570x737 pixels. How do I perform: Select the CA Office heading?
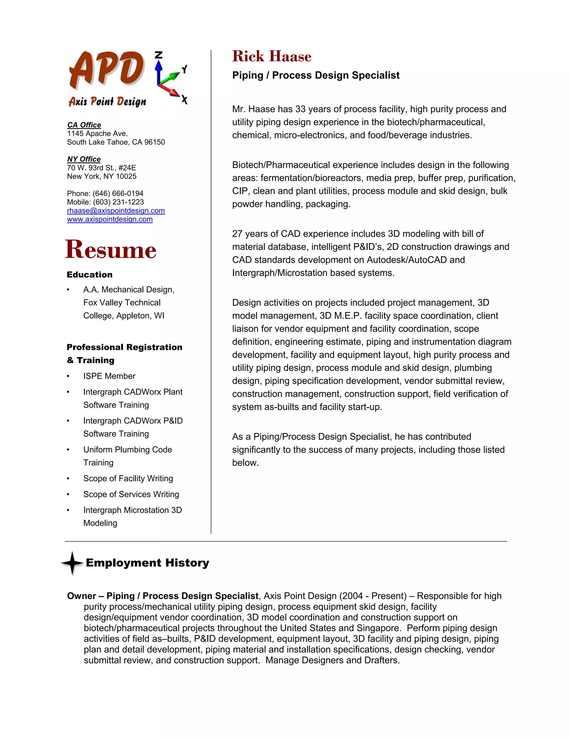click(84, 125)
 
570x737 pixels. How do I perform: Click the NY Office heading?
click(84, 159)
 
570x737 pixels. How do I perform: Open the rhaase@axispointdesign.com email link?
click(116, 211)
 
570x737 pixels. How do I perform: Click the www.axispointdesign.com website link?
click(110, 219)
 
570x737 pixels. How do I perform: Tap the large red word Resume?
click(111, 250)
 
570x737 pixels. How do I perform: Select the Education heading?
click(90, 275)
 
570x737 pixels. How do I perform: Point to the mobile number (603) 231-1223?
click(118, 202)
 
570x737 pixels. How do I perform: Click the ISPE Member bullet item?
click(109, 376)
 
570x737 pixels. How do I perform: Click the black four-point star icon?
click(72, 563)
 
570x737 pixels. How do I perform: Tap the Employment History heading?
click(147, 563)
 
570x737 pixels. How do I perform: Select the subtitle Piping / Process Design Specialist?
click(315, 75)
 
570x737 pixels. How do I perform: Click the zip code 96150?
click(155, 142)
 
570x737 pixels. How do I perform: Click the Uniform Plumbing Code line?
click(128, 449)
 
